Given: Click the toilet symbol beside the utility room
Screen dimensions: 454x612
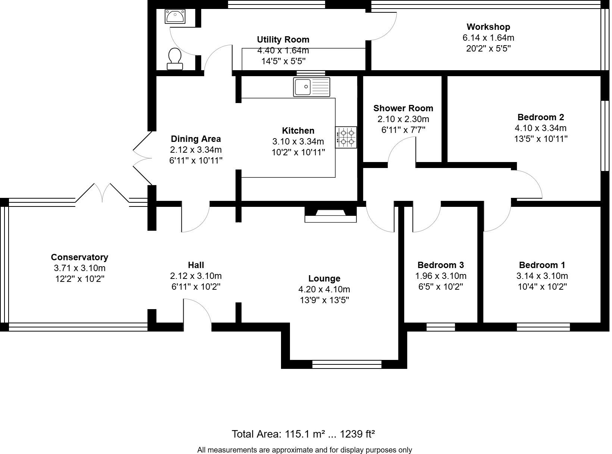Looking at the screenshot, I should pyautogui.click(x=175, y=59).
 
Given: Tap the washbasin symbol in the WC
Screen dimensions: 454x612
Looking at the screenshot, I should pyautogui.click(x=175, y=17).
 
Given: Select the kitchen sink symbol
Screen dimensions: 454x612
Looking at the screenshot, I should pyautogui.click(x=312, y=87).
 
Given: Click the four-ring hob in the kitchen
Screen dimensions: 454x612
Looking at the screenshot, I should pyautogui.click(x=346, y=137).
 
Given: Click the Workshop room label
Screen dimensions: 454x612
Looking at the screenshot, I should pyautogui.click(x=488, y=27).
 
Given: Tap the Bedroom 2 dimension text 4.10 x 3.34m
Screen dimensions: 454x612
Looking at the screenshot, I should pyautogui.click(x=540, y=128).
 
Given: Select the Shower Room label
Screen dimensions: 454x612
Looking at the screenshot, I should pyautogui.click(x=403, y=108).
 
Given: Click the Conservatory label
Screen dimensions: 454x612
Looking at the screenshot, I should pyautogui.click(x=79, y=257).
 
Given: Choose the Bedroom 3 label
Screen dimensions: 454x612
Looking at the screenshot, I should pyautogui.click(x=440, y=265).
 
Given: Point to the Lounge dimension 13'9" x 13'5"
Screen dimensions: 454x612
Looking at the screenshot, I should pyautogui.click(x=324, y=300).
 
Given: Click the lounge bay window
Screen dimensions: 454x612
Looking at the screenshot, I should pyautogui.click(x=347, y=364).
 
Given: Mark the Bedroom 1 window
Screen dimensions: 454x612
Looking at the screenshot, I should pyautogui.click(x=543, y=327).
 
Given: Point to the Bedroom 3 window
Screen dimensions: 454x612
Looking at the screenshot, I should pyautogui.click(x=441, y=327).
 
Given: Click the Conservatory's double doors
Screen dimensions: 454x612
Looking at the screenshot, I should pyautogui.click(x=102, y=193).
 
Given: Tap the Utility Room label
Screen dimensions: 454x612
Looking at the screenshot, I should pyautogui.click(x=283, y=40).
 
